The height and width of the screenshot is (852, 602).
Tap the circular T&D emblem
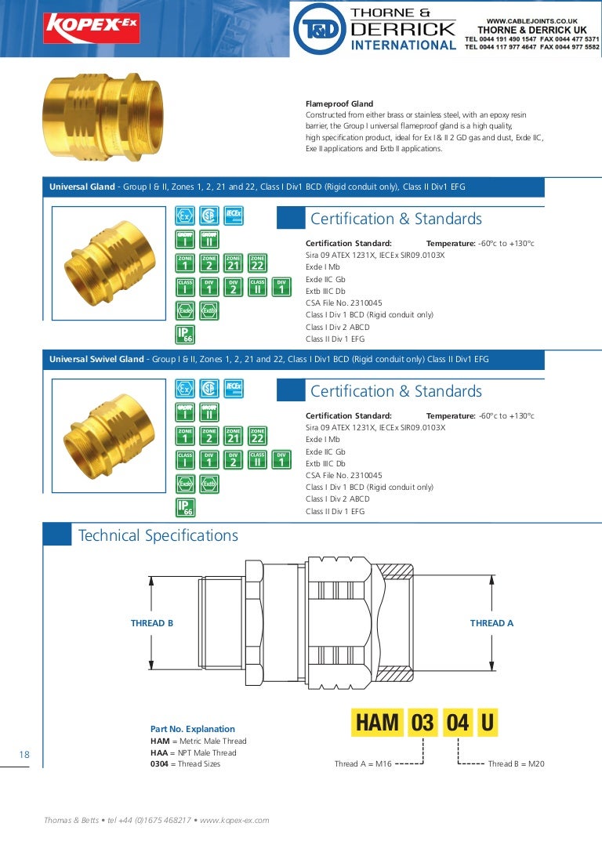[x=317, y=29]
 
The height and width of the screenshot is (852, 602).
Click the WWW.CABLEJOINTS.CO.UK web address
[x=531, y=21]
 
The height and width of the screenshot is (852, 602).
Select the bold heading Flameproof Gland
[x=339, y=104]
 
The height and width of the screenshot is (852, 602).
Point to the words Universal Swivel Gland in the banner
[x=96, y=359]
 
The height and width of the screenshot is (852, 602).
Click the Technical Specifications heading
[x=158, y=536]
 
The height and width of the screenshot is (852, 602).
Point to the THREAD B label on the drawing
[x=152, y=624]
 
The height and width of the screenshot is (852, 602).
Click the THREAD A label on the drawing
[x=491, y=623]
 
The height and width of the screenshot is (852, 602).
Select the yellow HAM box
[x=377, y=722]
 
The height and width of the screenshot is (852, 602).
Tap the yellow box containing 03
[x=422, y=722]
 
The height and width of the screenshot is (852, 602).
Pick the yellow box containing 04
[x=457, y=722]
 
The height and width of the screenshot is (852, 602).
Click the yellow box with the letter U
[x=487, y=722]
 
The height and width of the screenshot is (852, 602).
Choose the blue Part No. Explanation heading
[x=192, y=729]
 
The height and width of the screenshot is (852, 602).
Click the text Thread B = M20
[x=516, y=764]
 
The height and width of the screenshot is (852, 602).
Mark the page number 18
[x=24, y=754]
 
